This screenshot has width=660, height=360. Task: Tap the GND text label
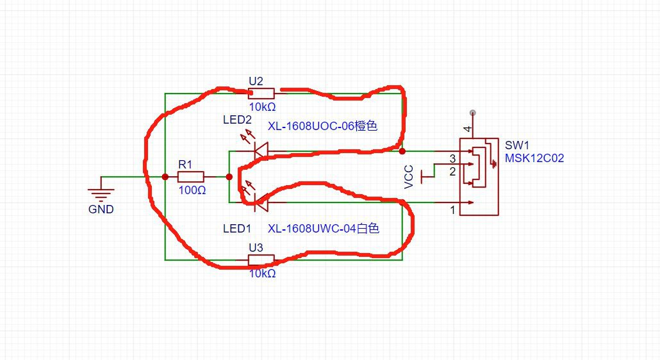101,209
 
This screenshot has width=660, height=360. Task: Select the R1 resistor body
191,177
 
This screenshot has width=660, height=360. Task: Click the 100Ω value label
192,190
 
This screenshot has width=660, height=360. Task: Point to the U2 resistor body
261,94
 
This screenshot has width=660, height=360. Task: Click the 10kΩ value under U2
262,107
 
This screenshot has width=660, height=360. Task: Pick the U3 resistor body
261,260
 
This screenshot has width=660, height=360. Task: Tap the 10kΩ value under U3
262,274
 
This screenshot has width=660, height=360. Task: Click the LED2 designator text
237,120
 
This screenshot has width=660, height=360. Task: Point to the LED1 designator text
237,229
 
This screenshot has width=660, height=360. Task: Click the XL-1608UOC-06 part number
311,126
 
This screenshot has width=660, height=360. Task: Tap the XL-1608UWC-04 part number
312,229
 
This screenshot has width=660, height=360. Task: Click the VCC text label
408,177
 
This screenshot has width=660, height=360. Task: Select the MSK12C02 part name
534,158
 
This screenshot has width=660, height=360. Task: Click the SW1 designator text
516,145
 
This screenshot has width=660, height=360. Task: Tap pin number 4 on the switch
467,129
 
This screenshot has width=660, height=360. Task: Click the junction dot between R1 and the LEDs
229,177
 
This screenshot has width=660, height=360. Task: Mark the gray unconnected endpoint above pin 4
473,113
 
